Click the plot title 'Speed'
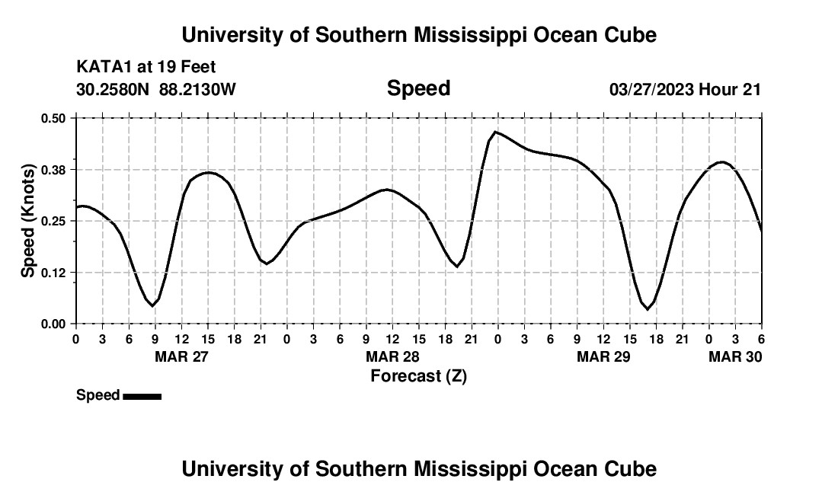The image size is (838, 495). pos(418,88)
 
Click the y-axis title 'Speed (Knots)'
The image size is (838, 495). pos(28,221)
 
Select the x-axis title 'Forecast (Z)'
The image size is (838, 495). pos(418,375)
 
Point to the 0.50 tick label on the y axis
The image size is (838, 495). pos(54,118)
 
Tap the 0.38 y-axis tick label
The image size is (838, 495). pos(54,169)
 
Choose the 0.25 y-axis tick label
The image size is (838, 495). pos(54,221)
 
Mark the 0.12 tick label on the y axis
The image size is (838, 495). pos(54,273)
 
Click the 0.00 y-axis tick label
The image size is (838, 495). pos(54,324)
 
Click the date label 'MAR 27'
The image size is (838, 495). pos(181,356)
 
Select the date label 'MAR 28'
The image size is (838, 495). pos(392,356)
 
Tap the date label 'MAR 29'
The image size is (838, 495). pos(603,356)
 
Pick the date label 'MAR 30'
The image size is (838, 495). pos(735,356)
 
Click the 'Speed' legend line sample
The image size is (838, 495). pos(142,396)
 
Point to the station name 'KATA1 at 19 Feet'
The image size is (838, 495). pos(146,68)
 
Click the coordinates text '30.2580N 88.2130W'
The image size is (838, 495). pos(156,89)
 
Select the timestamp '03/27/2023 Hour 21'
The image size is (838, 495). pos(685,89)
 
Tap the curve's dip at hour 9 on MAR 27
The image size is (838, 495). pos(152,305)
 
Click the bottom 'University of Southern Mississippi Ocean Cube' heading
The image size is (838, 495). pos(418,468)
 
